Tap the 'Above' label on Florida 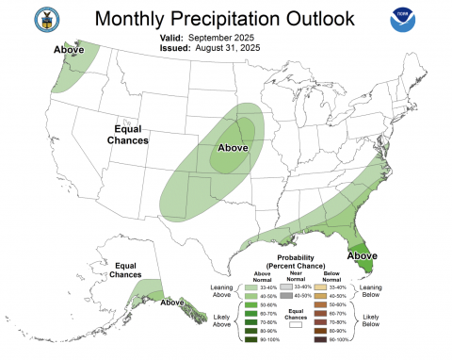pos(363,255)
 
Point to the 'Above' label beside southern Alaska pos(172,303)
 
